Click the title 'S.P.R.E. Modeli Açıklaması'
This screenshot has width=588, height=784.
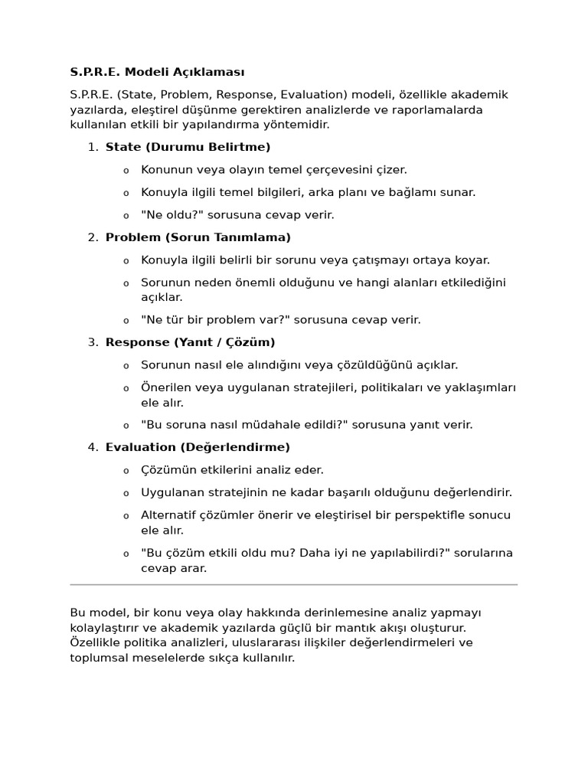[157, 72]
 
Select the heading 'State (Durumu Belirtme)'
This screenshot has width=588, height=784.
[188, 147]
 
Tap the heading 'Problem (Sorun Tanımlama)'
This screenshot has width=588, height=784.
[198, 237]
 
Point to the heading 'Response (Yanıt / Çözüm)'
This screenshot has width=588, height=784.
[190, 342]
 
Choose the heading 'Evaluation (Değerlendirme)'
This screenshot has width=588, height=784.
[198, 447]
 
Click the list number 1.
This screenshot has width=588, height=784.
[91, 147]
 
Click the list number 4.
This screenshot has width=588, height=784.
[91, 447]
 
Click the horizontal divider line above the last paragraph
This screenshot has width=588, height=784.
[293, 585]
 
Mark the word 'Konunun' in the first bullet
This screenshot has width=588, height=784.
[165, 170]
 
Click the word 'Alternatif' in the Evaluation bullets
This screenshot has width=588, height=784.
[168, 515]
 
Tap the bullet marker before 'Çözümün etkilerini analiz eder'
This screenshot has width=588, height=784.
[126, 471]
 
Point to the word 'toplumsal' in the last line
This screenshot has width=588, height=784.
[97, 658]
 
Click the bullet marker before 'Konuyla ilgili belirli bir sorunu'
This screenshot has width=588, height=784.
[126, 261]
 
